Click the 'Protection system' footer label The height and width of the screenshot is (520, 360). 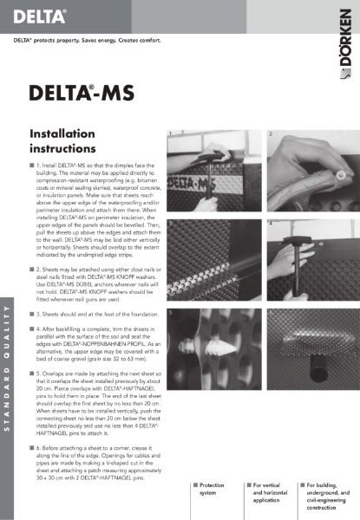[x=212, y=489]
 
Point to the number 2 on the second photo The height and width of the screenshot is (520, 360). [x=272, y=135]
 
